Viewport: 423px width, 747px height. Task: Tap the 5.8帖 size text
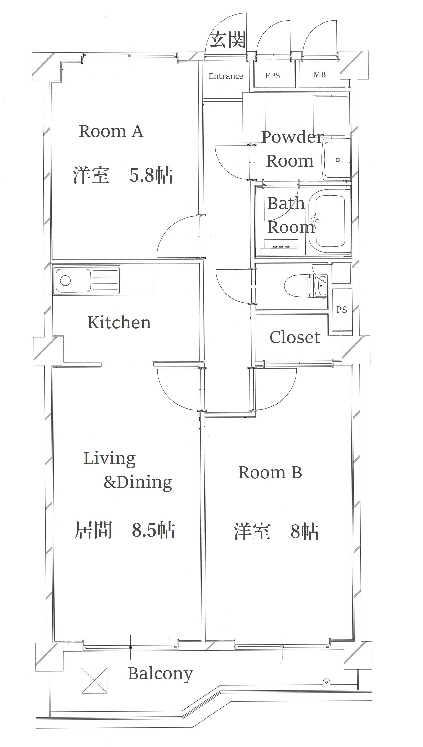click(151, 175)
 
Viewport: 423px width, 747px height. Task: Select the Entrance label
click(226, 76)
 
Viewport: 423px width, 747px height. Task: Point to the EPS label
click(272, 76)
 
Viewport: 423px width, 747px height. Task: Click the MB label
click(319, 75)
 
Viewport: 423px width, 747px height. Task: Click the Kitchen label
click(119, 322)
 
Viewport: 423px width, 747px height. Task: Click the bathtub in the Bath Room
click(330, 222)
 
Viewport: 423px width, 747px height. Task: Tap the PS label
click(342, 310)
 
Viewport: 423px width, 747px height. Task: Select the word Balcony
click(160, 674)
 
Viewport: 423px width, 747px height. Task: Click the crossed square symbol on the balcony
click(94, 681)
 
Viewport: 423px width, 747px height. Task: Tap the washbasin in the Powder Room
click(336, 160)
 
